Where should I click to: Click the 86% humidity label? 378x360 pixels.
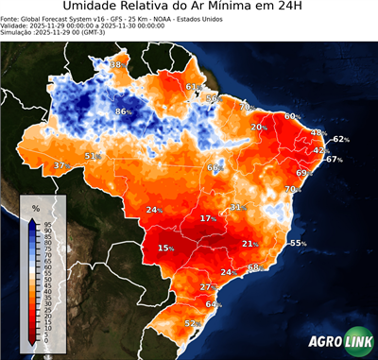point(123,111)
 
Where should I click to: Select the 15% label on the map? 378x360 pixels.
point(166,249)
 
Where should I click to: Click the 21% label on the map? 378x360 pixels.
point(250,244)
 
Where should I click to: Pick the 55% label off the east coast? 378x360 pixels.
point(298,243)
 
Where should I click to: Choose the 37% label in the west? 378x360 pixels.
point(61,165)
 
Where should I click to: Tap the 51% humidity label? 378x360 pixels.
point(93,156)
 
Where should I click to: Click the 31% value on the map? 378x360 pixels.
point(238,206)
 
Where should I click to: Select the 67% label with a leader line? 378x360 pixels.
point(334,160)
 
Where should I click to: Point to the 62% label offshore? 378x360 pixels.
point(341,139)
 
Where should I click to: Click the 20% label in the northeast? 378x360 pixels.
point(258,127)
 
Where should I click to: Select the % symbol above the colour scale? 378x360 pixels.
point(36,207)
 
